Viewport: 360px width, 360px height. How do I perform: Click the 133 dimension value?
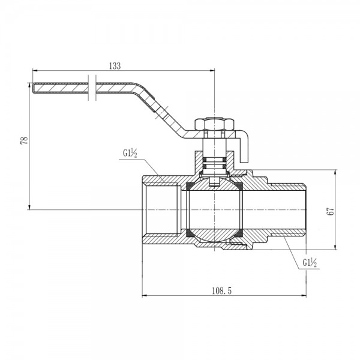click(116, 67)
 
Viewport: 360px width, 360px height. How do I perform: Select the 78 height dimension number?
click(24, 140)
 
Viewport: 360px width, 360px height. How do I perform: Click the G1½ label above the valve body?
click(131, 154)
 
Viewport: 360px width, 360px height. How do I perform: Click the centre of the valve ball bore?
click(214, 209)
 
